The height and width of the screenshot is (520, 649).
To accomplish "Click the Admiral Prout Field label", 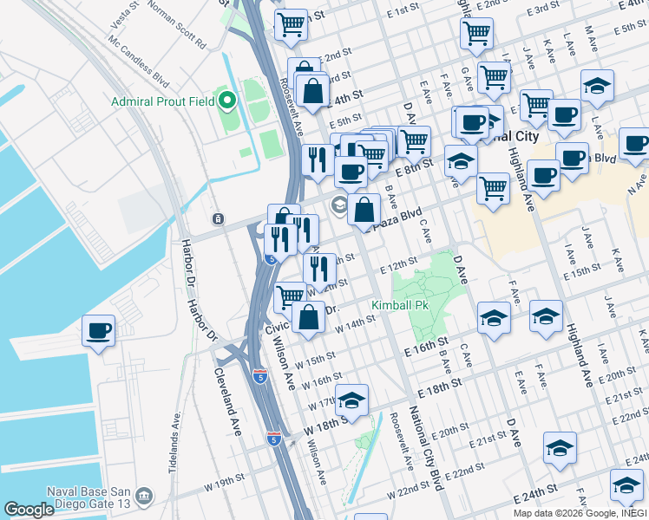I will coord(163,102).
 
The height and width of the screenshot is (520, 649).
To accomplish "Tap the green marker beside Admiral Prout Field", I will coord(228,102).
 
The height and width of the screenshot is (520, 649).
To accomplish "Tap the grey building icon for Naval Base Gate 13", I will coord(145,497).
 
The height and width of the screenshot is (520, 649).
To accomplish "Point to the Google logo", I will coord(29,510).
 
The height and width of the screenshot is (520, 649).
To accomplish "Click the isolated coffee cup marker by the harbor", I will coord(98,330).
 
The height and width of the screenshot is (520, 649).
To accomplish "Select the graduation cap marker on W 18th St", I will coord(352,400).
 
